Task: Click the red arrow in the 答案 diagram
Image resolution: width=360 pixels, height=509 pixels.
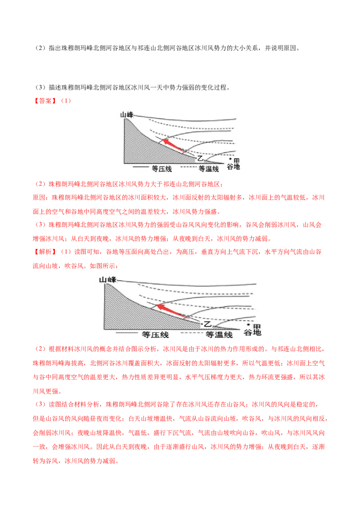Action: tap(174, 146)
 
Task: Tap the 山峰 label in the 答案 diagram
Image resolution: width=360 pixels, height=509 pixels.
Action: tap(126, 115)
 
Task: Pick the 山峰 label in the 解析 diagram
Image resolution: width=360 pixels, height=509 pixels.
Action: tap(108, 279)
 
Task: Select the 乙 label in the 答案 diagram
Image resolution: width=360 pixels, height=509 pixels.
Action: tap(200, 158)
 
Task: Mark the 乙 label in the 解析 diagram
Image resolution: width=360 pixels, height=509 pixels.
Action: tap(207, 324)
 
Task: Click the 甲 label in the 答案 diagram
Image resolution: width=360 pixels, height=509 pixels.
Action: tap(237, 161)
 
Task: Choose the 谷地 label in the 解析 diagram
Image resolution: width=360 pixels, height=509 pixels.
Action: tap(252, 332)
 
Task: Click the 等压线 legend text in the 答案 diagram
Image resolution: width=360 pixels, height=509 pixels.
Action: tap(162, 169)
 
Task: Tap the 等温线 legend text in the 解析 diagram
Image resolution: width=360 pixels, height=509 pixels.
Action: tap(219, 335)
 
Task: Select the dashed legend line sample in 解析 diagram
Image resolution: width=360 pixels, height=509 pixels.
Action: tap(192, 333)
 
